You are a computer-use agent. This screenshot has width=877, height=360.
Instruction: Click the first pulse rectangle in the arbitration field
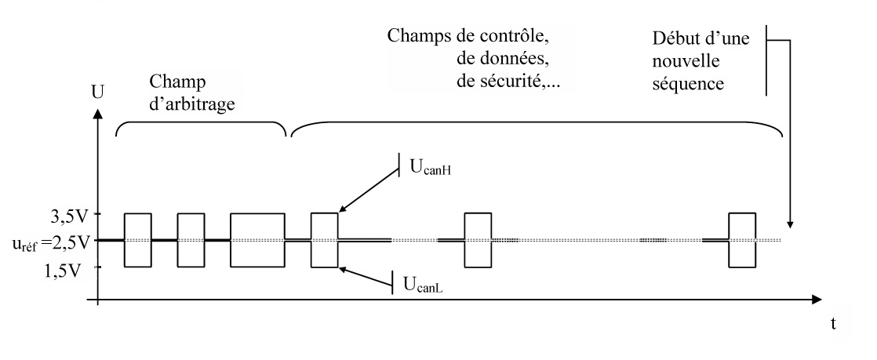(x=138, y=240)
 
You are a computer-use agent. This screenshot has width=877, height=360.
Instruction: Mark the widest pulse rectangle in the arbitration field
(x=257, y=240)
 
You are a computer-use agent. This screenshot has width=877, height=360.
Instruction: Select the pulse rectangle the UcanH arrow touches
(x=324, y=240)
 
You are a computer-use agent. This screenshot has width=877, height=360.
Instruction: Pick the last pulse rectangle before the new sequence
(x=742, y=240)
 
